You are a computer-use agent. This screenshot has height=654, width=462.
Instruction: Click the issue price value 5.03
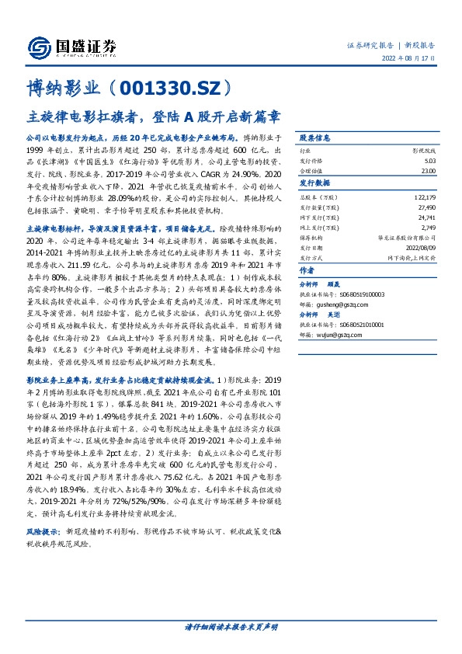tap(429, 158)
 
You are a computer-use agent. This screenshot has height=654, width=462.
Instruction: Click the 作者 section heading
tap(307, 271)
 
